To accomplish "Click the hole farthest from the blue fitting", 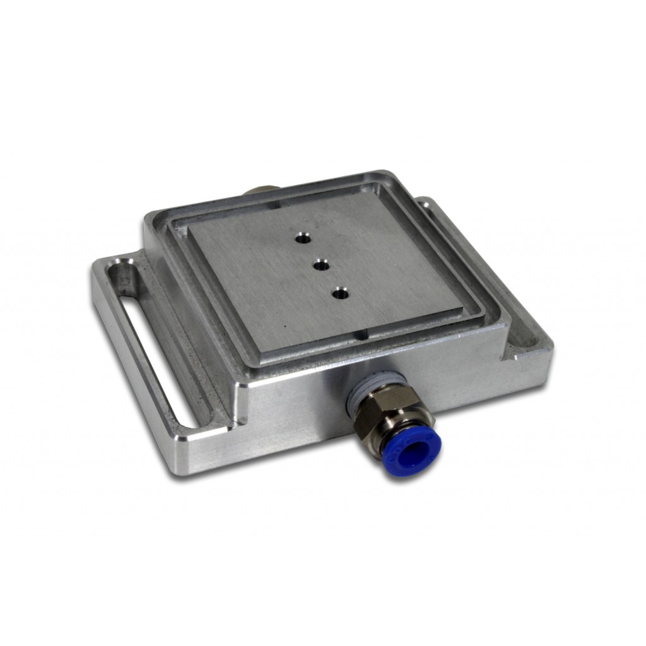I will [302, 238].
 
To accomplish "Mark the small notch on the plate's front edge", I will [360, 334].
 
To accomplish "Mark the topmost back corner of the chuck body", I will [382, 172].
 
